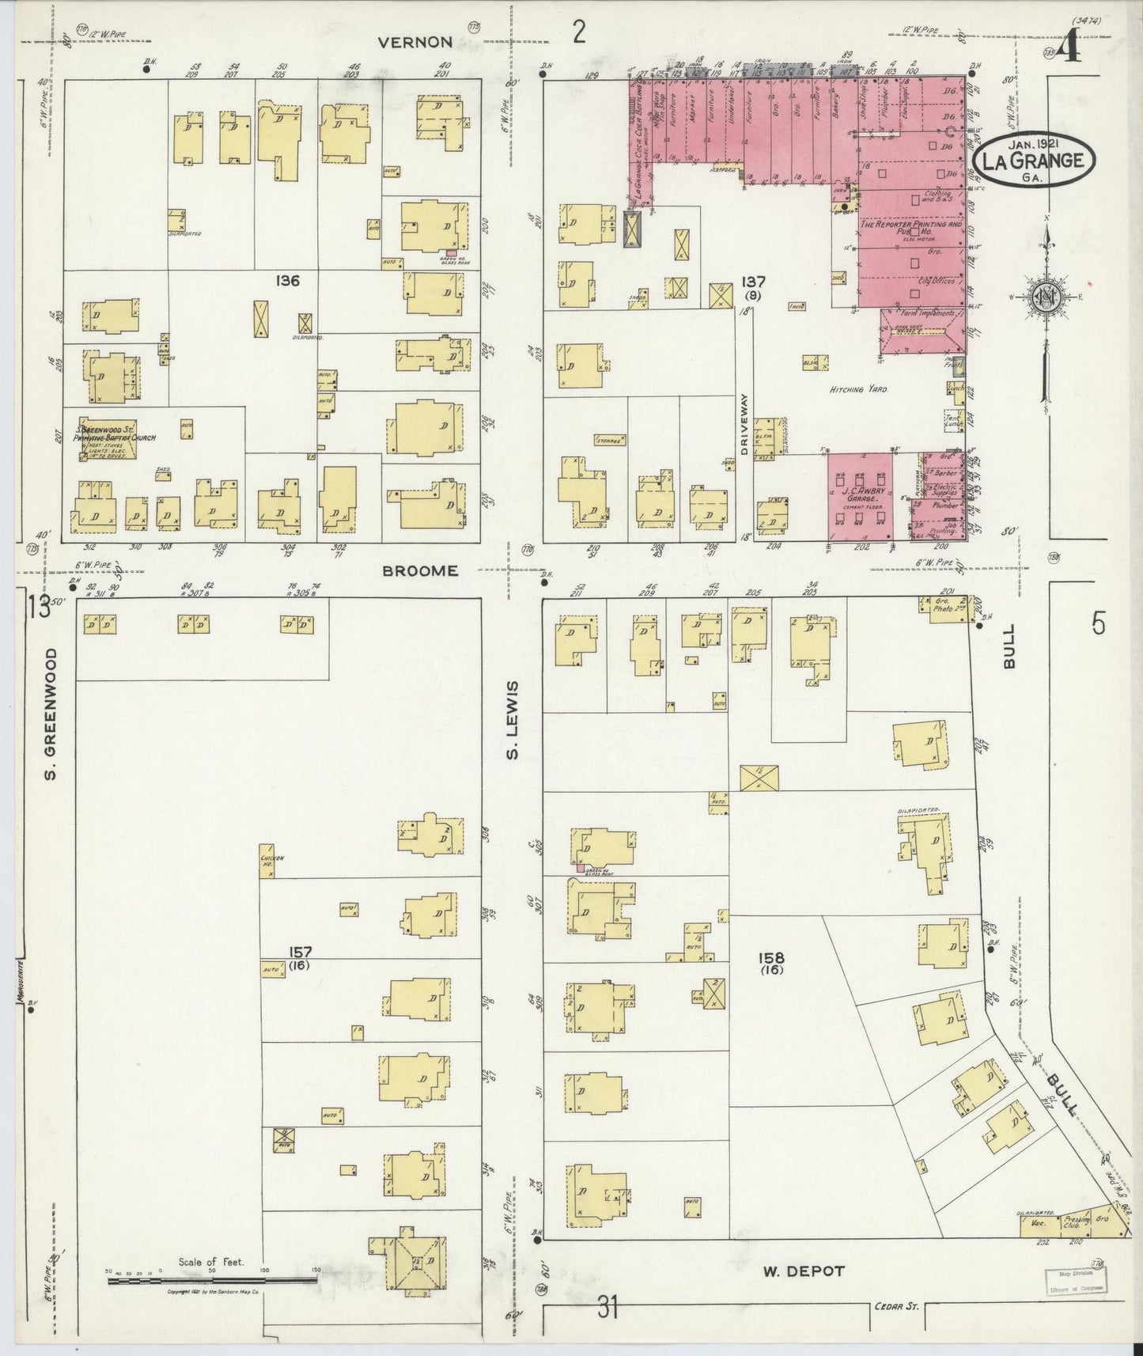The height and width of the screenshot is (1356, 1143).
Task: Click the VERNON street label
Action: (x=414, y=43)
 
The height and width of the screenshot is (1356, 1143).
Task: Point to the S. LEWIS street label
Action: (x=513, y=719)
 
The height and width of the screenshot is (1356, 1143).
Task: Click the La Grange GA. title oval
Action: (x=1034, y=160)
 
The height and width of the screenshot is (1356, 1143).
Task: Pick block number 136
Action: (x=287, y=279)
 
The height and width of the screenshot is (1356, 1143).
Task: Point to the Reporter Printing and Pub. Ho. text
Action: (x=911, y=228)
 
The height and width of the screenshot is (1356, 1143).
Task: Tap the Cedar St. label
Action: (x=896, y=1306)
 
